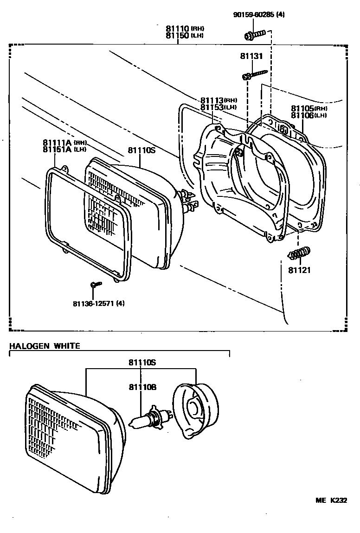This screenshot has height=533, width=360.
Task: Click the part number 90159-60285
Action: click(x=253, y=15)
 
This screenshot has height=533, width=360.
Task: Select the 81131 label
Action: click(x=251, y=56)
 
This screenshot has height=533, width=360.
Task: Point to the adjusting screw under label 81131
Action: click(x=255, y=74)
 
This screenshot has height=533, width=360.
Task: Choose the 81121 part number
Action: click(x=299, y=270)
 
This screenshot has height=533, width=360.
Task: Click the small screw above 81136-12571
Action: click(x=96, y=284)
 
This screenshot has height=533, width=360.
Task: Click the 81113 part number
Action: click(x=212, y=100)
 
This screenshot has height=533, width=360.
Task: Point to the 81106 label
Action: click(x=302, y=115)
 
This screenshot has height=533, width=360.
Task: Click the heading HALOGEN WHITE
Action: click(x=45, y=346)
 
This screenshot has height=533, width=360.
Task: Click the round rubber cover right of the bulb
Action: click(x=196, y=408)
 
